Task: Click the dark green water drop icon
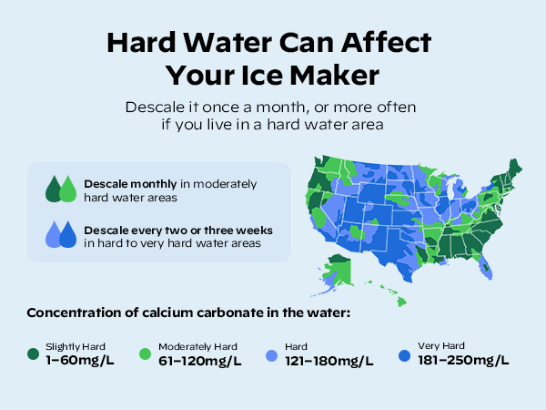pyautogui.click(x=55, y=190)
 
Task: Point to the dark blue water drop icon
pyautogui.click(x=68, y=235)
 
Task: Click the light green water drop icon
pyautogui.click(x=68, y=190)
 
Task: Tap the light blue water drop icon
pyautogui.click(x=55, y=235)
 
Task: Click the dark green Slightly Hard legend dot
pyautogui.click(x=34, y=353)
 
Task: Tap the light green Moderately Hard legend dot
pyautogui.click(x=146, y=353)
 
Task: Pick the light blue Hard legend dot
pyautogui.click(x=272, y=353)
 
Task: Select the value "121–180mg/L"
pyautogui.click(x=329, y=360)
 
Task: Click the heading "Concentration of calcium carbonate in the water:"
pyautogui.click(x=188, y=313)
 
